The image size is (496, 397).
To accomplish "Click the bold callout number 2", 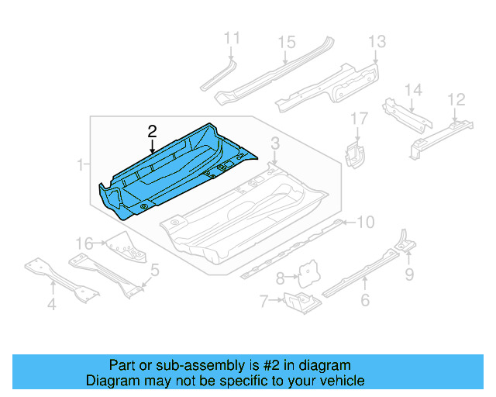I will [x=153, y=131].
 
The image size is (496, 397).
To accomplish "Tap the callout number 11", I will [x=232, y=38].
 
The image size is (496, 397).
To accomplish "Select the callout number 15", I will [x=287, y=42].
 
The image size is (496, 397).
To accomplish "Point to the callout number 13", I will [x=377, y=42].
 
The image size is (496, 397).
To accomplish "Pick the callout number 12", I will [x=456, y=98].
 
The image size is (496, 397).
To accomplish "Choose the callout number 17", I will [x=358, y=119].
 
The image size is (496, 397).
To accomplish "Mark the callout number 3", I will [x=274, y=143].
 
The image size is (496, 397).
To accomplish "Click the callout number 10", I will [x=365, y=223].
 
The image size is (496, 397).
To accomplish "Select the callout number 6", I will [x=365, y=301].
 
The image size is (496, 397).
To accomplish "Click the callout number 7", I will [x=263, y=300].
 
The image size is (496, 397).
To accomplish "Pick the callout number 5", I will [x=155, y=271].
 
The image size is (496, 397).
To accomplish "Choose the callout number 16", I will [x=83, y=243].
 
